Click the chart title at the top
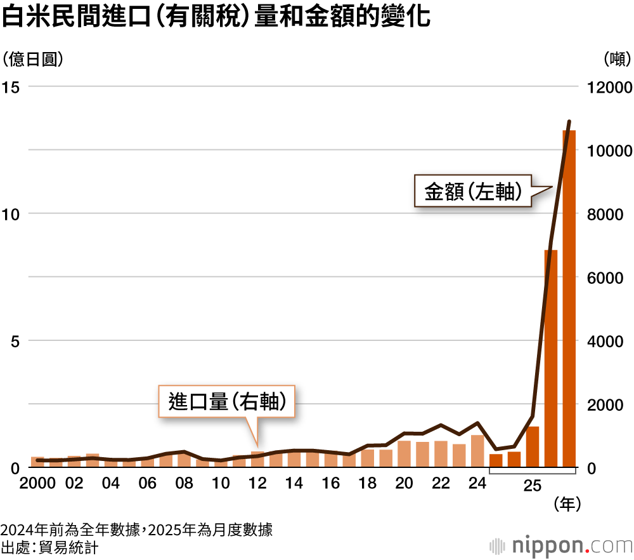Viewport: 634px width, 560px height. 216,18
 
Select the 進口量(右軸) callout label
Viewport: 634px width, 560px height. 226,401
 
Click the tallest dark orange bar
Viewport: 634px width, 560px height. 569,298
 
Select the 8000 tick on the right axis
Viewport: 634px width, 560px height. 609,214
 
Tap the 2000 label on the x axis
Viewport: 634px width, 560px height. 37,484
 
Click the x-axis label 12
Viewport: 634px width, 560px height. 257,484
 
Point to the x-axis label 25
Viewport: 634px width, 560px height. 533,486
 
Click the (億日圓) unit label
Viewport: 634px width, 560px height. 33,59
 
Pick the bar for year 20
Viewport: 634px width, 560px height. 404,454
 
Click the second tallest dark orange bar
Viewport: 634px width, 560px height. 551,359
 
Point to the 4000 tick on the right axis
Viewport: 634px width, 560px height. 609,341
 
